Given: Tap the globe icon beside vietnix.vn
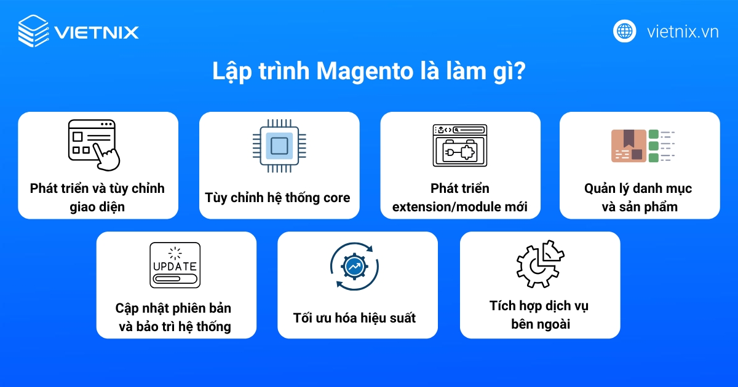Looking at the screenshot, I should pyautogui.click(x=624, y=31).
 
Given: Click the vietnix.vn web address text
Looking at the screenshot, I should pyautogui.click(x=683, y=31).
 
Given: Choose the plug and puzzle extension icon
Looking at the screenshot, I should pyautogui.click(x=459, y=145).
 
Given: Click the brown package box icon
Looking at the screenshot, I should pyautogui.click(x=629, y=146).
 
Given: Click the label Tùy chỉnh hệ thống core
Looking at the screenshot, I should pyautogui.click(x=278, y=198).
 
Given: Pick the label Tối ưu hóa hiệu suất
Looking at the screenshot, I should pyautogui.click(x=355, y=318).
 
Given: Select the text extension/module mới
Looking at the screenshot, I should pyautogui.click(x=459, y=207).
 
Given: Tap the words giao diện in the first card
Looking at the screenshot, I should pyautogui.click(x=97, y=207).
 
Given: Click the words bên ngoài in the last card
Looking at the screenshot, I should pyautogui.click(x=540, y=324).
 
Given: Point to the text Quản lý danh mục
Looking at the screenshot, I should pyautogui.click(x=638, y=189).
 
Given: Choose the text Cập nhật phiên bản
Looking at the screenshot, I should pyautogui.click(x=173, y=308).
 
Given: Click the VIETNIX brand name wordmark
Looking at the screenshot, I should pyautogui.click(x=96, y=32).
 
